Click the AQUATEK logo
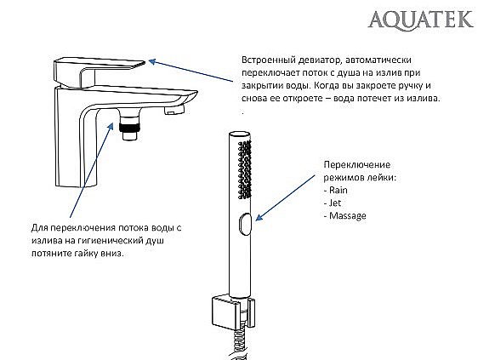pyautogui.click(x=422, y=18)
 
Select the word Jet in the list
pyautogui.click(x=335, y=203)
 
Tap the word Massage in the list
pyautogui.click(x=347, y=216)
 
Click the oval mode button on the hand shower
pyautogui.click(x=244, y=223)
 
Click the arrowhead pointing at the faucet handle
pyautogui.click(x=151, y=60)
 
